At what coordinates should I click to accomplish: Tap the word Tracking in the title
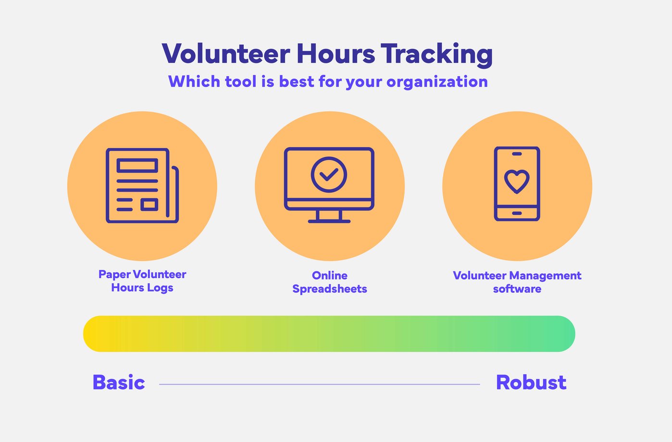[436, 54]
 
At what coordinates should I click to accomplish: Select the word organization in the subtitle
[437, 82]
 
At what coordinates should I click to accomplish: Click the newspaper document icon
[142, 185]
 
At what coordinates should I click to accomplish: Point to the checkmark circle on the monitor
[329, 174]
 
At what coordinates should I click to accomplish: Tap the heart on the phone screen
[517, 182]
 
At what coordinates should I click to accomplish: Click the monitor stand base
[329, 221]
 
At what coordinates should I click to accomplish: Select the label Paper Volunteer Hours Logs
[142, 281]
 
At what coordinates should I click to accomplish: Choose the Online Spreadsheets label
[330, 282]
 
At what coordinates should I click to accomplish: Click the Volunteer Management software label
[517, 282]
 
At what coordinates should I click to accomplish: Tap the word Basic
[119, 383]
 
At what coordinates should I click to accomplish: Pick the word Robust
[531, 383]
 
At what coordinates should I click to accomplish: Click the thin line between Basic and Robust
[320, 384]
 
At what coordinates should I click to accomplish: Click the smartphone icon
[517, 184]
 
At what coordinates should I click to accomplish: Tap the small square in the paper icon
[149, 205]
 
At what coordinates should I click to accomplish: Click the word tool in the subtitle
[240, 82]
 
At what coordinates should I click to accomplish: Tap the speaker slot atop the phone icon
[517, 154]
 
